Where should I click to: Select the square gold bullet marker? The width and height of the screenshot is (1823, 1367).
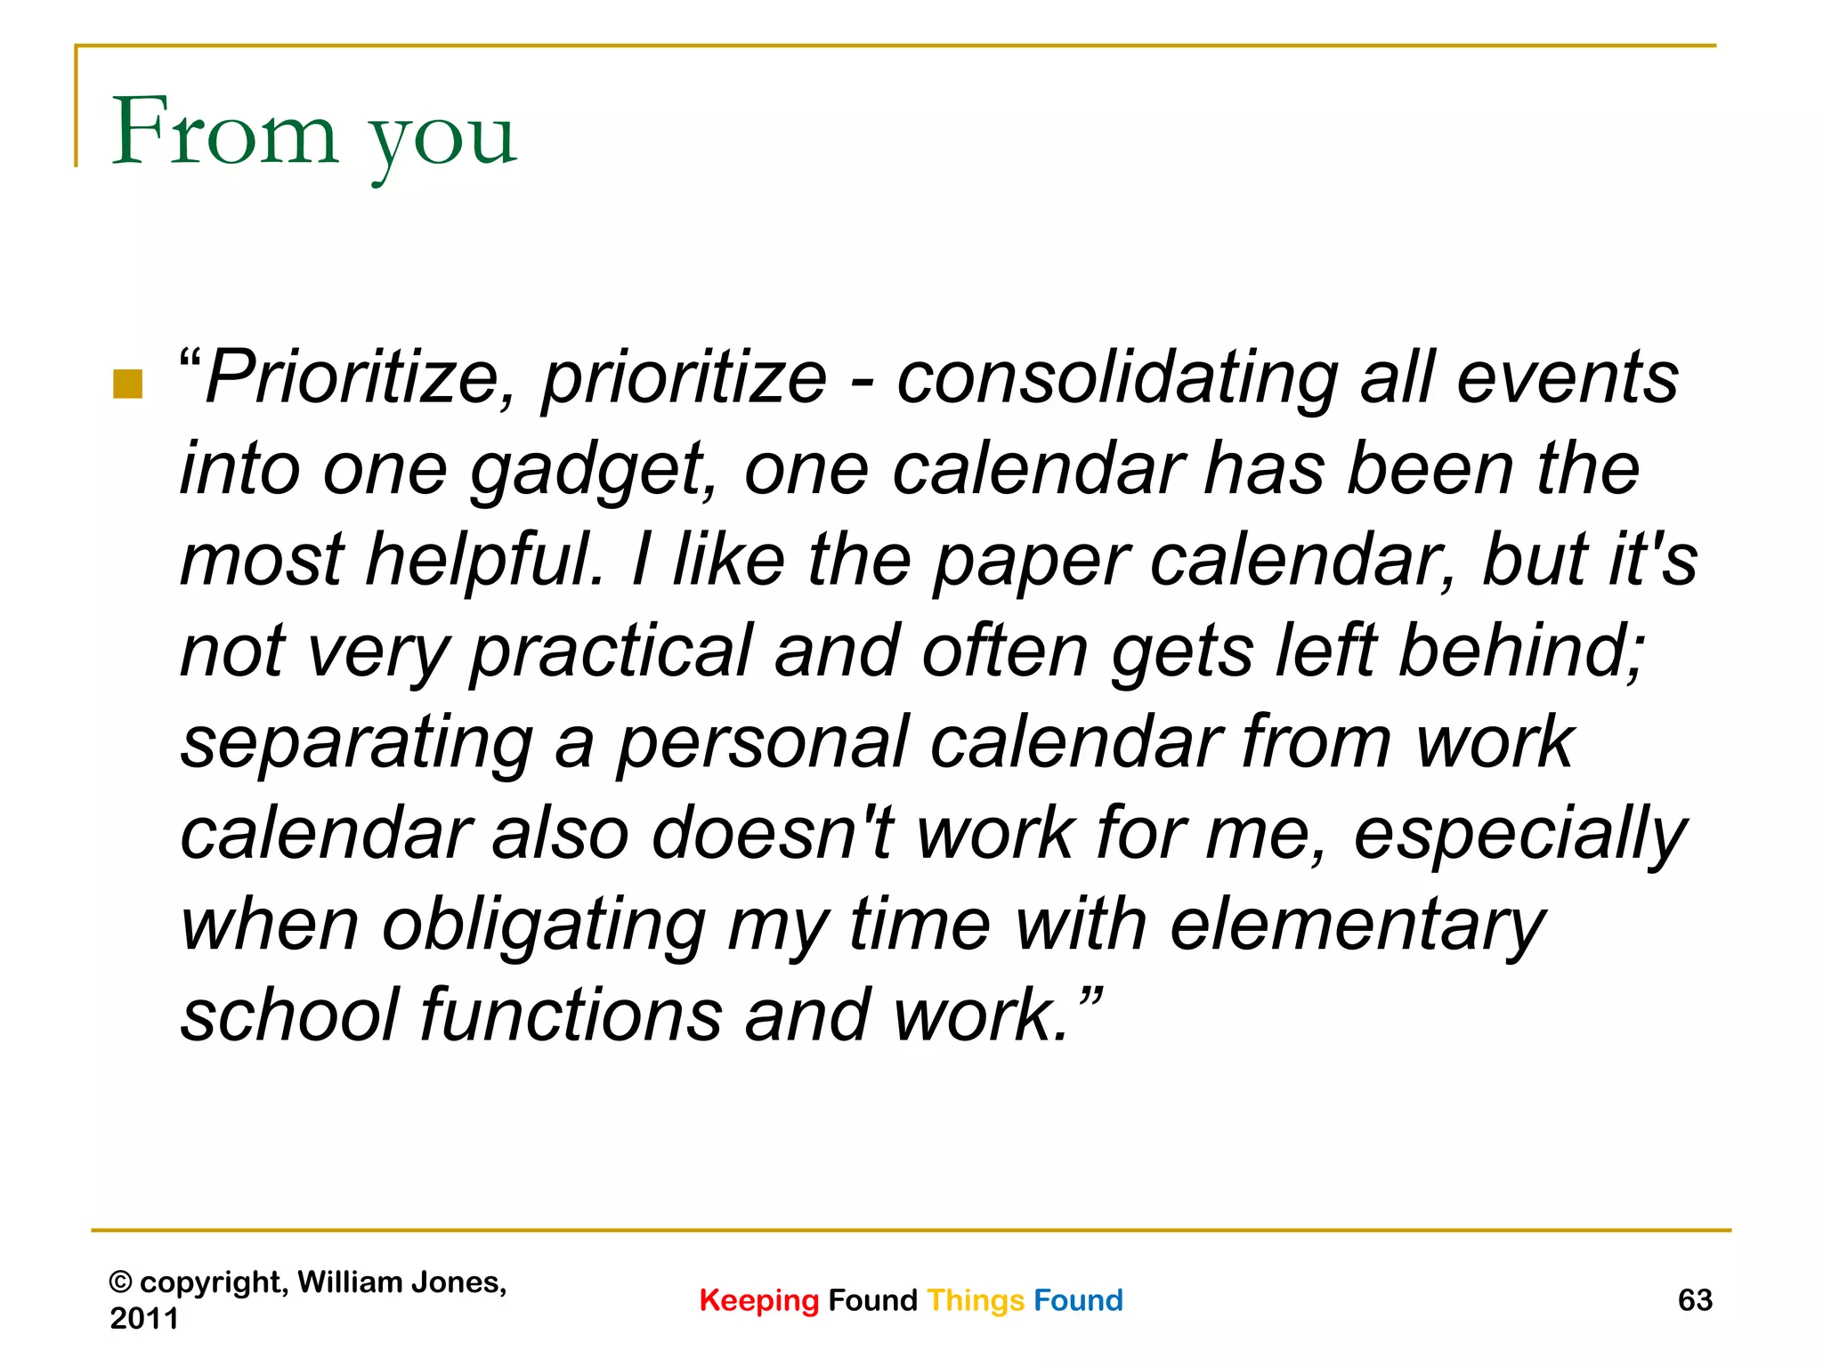click(x=128, y=384)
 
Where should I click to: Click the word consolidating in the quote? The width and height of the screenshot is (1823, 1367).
click(x=1117, y=379)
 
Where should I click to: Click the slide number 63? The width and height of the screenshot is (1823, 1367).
click(x=1695, y=1300)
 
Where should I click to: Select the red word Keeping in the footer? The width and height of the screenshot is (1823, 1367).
click(x=758, y=1301)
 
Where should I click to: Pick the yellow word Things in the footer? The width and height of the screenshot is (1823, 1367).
click(x=976, y=1301)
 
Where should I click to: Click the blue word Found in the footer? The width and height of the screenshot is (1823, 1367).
click(x=1078, y=1300)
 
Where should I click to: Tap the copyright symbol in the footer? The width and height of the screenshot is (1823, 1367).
click(x=120, y=1282)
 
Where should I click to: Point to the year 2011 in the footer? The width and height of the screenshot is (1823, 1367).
click(x=144, y=1318)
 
